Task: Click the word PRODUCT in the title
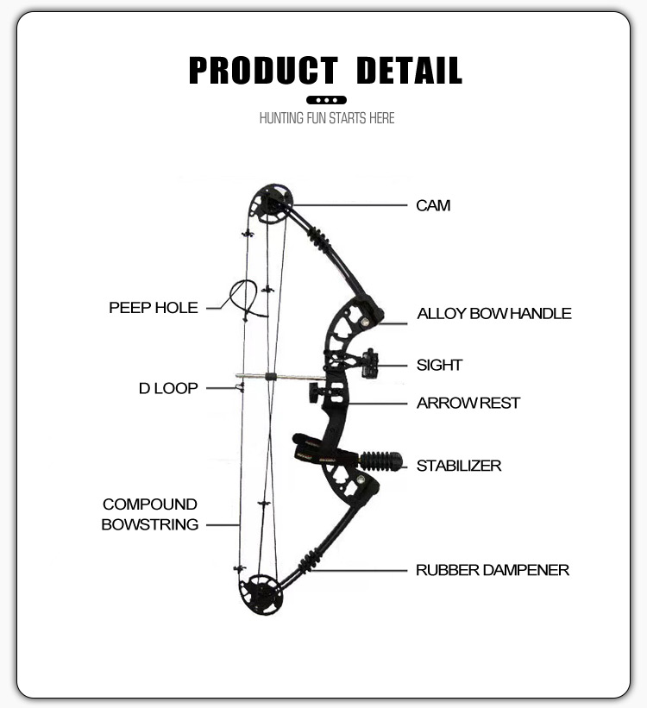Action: point(263,71)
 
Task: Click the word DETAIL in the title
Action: point(409,71)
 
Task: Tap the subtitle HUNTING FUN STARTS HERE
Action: point(327,118)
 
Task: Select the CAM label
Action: point(433,206)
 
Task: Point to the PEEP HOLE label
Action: point(154,307)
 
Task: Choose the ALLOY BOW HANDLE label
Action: point(494,314)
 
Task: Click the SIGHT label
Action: point(440,365)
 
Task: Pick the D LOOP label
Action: point(168,388)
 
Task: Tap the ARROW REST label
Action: point(468,403)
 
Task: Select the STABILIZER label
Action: point(459,466)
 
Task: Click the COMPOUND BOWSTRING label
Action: point(150,514)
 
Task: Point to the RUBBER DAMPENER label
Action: point(493,570)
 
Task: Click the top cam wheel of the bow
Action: point(270,204)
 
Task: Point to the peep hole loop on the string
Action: point(243,298)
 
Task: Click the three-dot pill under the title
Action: point(327,100)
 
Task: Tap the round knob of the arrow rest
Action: point(310,392)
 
